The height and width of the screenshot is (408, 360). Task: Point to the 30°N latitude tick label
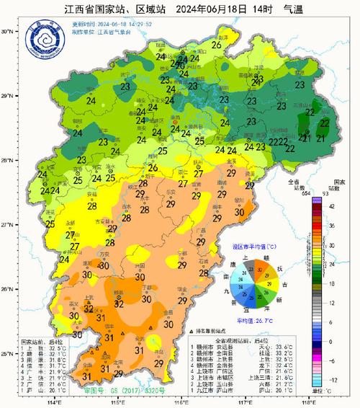(x=9, y=32)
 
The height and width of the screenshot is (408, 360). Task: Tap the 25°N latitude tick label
(x=9, y=354)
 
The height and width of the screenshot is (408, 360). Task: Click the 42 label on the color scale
(x=332, y=205)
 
